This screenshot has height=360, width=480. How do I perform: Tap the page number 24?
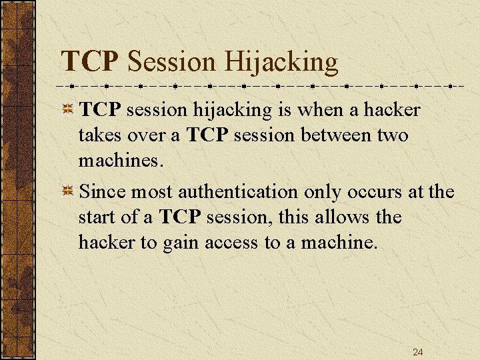(x=417, y=352)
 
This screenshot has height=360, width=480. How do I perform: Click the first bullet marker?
(x=67, y=109)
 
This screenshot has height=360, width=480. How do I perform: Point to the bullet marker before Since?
(x=67, y=192)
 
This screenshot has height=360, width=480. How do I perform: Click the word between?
(x=327, y=135)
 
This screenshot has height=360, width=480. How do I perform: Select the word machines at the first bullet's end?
(x=119, y=160)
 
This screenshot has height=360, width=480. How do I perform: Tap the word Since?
(x=103, y=192)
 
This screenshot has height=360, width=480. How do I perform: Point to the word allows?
(x=345, y=217)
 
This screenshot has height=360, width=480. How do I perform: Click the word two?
(x=394, y=135)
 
